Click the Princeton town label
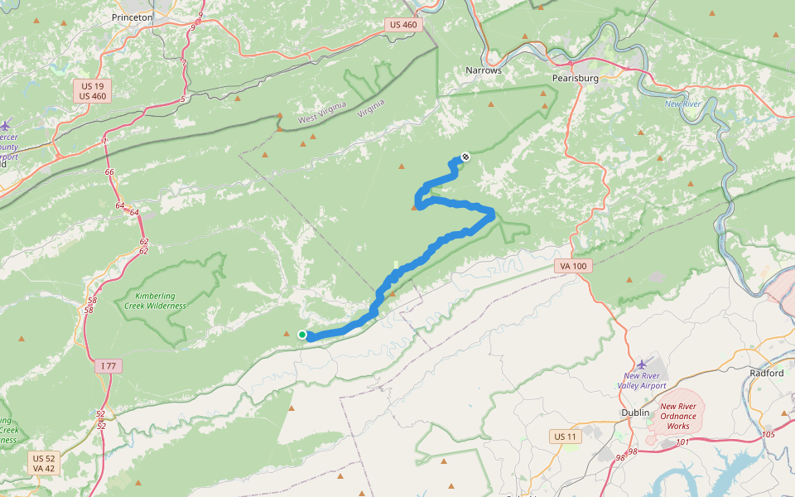click(x=132, y=17)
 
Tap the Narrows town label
click(x=484, y=70)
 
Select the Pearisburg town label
click(x=575, y=78)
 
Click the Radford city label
click(x=766, y=373)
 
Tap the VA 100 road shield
click(x=572, y=266)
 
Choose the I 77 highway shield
click(x=108, y=365)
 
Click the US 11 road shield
click(x=566, y=437)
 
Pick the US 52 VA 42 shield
click(x=43, y=463)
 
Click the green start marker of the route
click(x=302, y=335)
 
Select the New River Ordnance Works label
click(x=677, y=416)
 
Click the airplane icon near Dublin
click(x=643, y=364)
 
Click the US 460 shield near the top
click(x=403, y=25)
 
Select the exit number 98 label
click(x=633, y=451)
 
